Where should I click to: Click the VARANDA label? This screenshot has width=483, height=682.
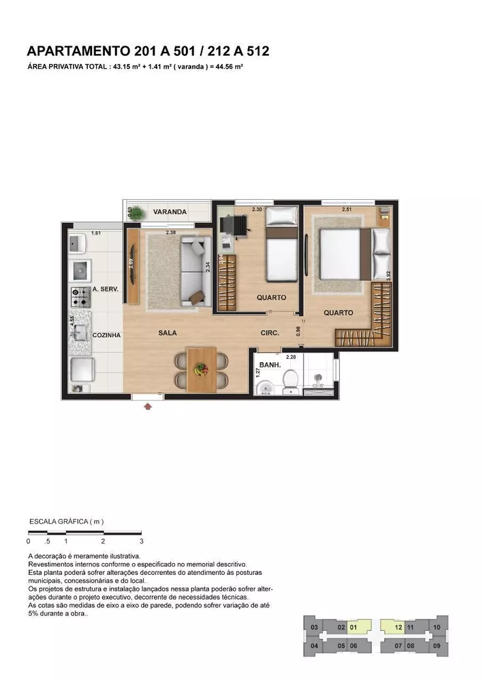point(170,212)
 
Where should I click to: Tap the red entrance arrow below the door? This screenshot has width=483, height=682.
point(148,406)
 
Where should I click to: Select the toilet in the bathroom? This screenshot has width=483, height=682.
point(290,383)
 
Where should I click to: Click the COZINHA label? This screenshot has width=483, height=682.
point(106,336)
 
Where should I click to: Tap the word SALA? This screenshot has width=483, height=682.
point(168,333)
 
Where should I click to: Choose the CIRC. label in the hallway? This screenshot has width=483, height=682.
point(271,333)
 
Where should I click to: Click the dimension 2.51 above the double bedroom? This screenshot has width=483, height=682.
point(347,209)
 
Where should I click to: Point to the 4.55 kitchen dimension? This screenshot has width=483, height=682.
point(72,321)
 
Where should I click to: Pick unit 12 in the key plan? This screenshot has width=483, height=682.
point(399,627)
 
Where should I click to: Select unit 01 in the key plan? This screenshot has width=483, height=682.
point(353,627)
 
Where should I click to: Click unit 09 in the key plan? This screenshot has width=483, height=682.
point(436,645)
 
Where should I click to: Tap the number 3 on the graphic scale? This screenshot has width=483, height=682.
point(141,541)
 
